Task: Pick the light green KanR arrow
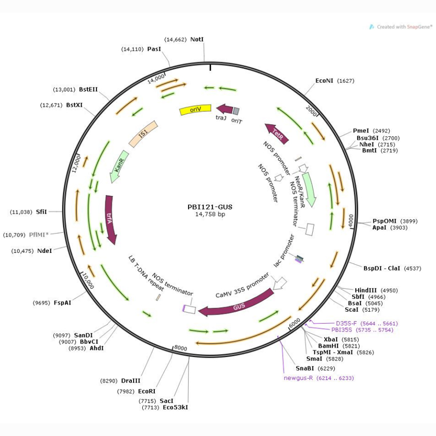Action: pos(120,163)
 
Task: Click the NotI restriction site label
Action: pos(197,40)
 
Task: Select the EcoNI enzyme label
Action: pos(324,81)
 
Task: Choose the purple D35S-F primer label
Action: pos(346,323)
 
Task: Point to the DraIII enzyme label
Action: pos(131,380)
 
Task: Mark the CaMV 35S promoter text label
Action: pos(242,287)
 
